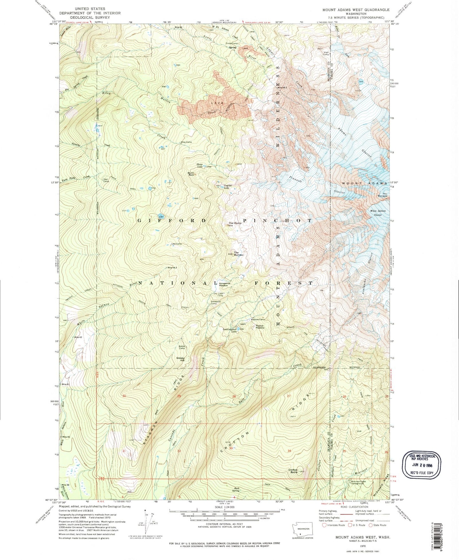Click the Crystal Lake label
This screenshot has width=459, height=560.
click(x=226, y=187)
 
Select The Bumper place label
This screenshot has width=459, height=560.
click(x=239, y=254)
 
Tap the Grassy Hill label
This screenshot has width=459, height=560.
click(x=180, y=359)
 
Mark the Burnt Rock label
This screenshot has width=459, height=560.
click(x=191, y=174)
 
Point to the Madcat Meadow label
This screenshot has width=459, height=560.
click(x=260, y=326)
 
